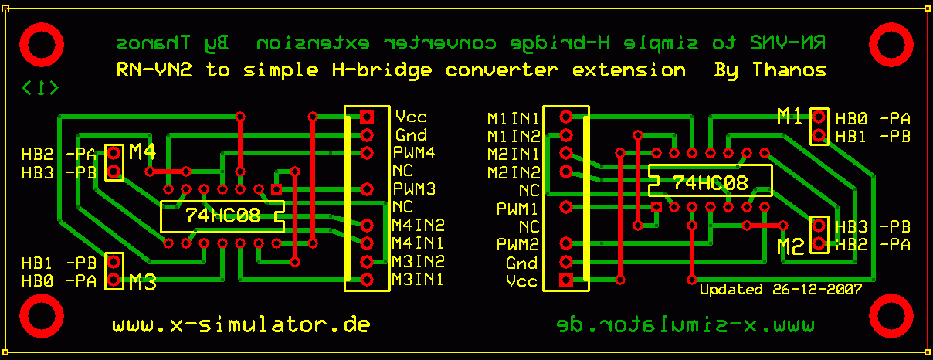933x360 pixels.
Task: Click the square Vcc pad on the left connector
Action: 367,117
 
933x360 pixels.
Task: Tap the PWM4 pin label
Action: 414,152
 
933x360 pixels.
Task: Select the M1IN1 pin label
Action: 513,118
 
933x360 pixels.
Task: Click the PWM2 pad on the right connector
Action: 566,244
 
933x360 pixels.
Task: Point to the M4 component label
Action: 143,151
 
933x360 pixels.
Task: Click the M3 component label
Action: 143,283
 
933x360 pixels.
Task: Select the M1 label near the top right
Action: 790,117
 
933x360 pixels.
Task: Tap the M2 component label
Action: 792,246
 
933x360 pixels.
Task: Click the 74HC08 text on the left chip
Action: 223,216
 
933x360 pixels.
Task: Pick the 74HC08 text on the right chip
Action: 711,183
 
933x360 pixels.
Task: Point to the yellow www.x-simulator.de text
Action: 241,324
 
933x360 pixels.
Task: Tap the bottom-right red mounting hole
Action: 892,316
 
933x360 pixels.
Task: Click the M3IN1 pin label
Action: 418,279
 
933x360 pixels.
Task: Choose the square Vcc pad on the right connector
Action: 566,280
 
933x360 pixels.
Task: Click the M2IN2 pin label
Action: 513,172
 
